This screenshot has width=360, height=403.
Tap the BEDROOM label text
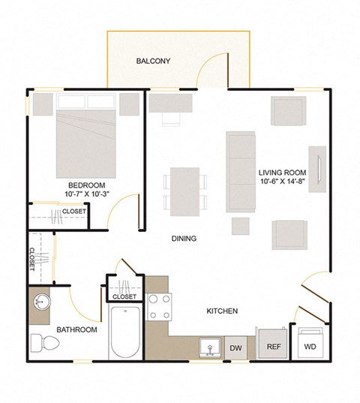coord(86,185)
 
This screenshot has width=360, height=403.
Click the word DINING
coord(183,239)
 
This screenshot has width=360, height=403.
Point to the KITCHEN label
coord(223,311)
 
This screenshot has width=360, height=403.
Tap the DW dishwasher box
coord(235,347)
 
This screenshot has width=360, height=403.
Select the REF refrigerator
coord(273,347)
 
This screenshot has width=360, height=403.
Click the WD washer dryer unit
coord(310,347)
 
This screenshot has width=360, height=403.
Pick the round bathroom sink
coord(42,303)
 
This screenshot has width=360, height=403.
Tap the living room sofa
coord(242,172)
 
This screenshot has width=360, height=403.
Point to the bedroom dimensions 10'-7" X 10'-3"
coord(86,195)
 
